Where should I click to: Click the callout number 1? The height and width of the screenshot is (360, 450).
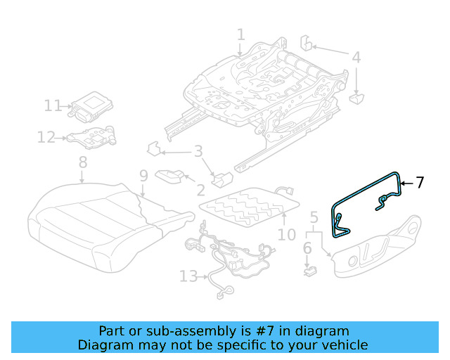point(240,34)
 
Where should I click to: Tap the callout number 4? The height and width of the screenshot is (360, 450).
point(356,58)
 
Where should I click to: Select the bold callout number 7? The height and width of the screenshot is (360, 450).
point(420,183)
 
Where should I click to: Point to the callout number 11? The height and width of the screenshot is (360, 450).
point(53,105)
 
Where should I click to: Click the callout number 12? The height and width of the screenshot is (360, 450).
point(46,137)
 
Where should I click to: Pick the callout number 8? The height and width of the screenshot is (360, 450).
point(83,162)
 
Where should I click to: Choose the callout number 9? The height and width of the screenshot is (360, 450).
point(143,176)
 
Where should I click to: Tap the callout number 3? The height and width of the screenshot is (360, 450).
point(198,151)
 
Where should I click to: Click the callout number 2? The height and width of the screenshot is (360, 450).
point(200,189)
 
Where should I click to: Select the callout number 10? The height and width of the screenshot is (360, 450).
point(287,234)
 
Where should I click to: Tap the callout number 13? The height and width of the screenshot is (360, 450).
point(188,276)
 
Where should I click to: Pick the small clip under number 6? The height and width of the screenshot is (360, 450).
point(307,268)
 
